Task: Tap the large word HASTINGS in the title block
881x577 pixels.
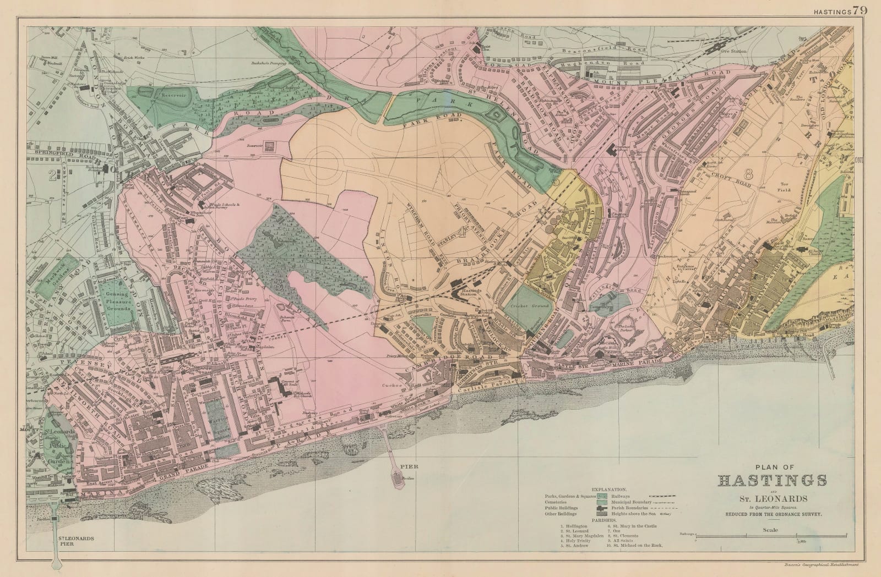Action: click(773, 480)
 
